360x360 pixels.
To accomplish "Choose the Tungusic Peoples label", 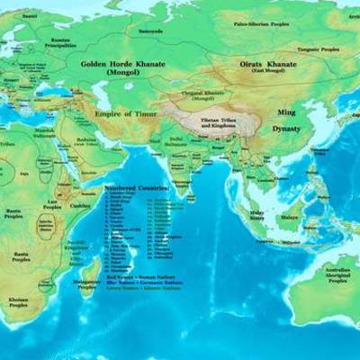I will tap(306, 50).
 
